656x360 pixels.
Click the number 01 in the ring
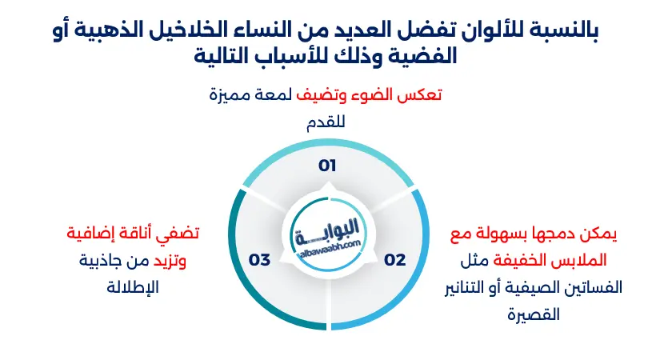[x=327, y=166]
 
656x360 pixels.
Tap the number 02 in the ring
[x=395, y=259]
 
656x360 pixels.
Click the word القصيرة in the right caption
[x=534, y=314]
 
